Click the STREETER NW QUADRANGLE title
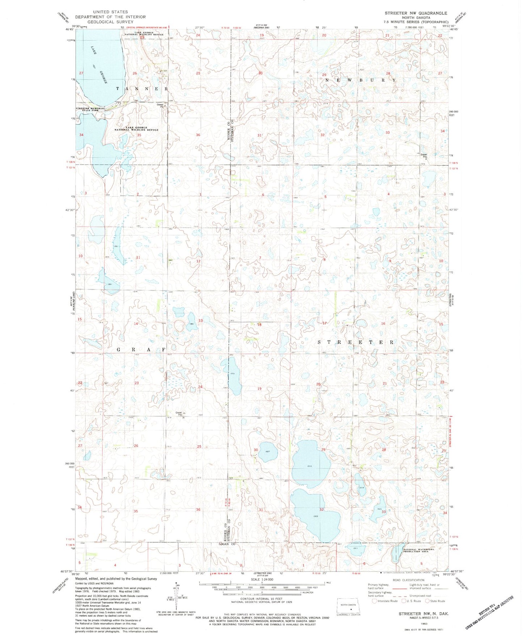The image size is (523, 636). [x=416, y=13]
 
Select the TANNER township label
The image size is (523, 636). [x=142, y=88]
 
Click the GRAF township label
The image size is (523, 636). [x=141, y=350]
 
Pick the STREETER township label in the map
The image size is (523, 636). [x=355, y=342]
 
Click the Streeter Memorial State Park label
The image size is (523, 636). [x=90, y=109]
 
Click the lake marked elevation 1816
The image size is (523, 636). [x=311, y=460]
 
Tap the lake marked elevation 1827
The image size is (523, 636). [x=268, y=451]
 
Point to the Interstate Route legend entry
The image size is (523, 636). [x=385, y=601]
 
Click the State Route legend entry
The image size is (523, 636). [x=435, y=601]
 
